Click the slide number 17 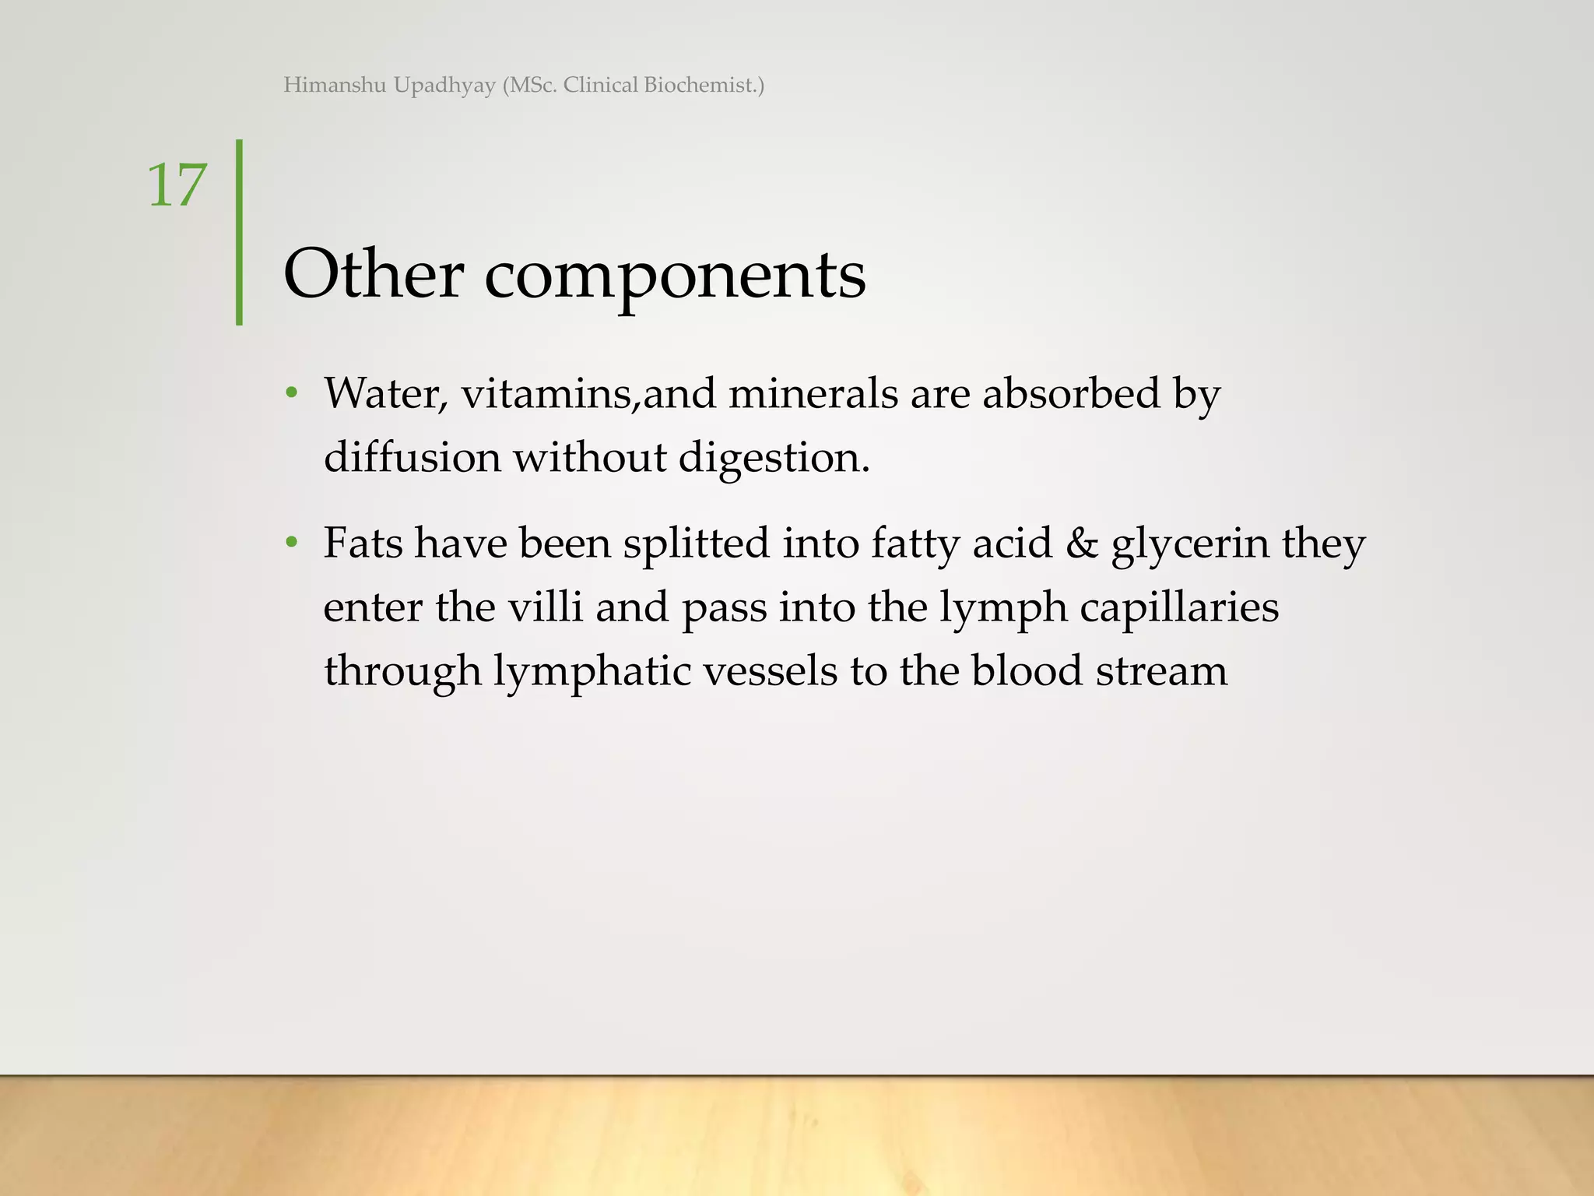point(177,185)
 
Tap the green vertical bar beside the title point(239,232)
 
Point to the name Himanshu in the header point(335,85)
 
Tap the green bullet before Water point(292,393)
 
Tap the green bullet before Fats point(292,542)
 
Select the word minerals point(813,393)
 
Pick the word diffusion point(412,457)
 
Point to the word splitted point(697,543)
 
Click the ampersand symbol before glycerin point(1081,543)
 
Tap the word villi point(545,607)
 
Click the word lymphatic point(592,672)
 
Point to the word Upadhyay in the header point(444,86)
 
